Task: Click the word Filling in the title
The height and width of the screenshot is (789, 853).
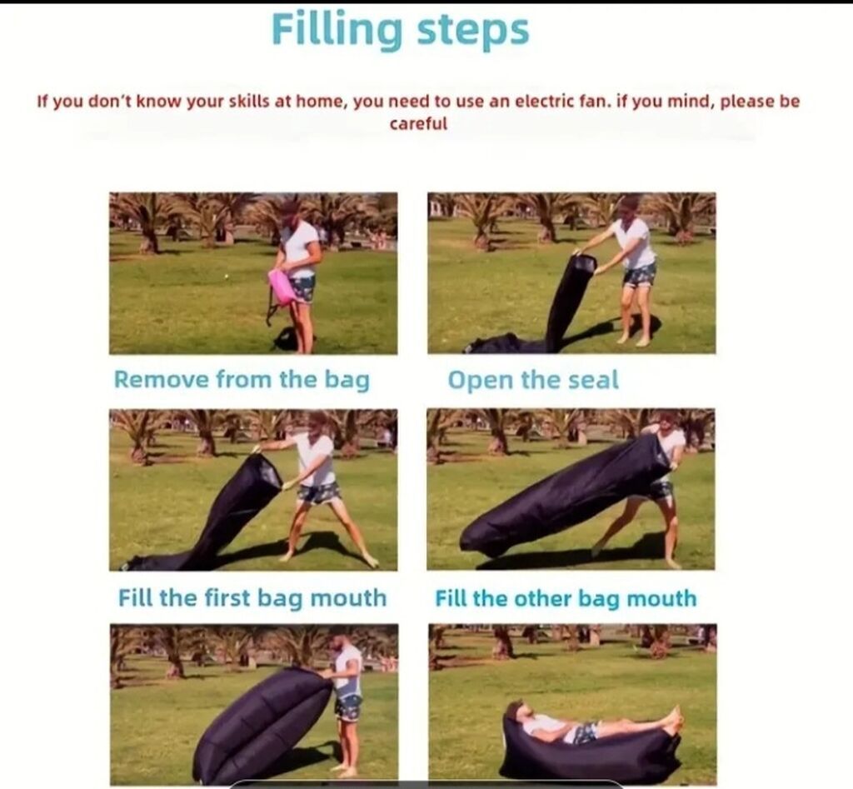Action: click(x=337, y=30)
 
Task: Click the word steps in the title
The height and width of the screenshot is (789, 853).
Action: click(x=473, y=30)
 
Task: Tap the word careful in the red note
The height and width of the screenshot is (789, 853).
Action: click(x=418, y=123)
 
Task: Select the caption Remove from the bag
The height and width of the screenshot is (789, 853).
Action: click(x=242, y=379)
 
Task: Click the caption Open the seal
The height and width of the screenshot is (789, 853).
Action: click(x=533, y=380)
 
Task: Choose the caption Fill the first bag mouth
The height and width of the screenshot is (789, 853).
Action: click(x=252, y=598)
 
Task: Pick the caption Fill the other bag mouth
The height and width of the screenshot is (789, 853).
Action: click(x=566, y=598)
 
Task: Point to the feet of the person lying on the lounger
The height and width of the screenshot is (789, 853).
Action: click(x=672, y=720)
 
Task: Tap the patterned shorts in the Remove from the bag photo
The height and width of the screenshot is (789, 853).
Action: click(x=302, y=288)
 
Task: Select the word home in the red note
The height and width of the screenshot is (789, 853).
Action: click(x=322, y=102)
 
